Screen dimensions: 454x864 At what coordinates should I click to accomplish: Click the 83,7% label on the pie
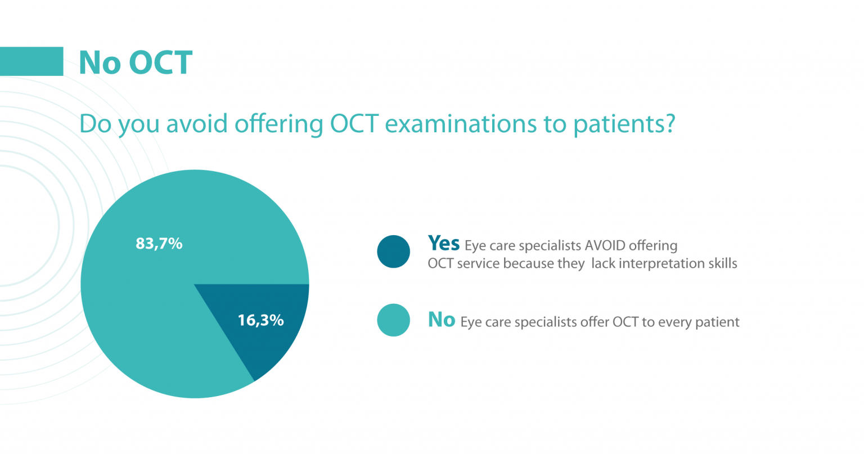[159, 244]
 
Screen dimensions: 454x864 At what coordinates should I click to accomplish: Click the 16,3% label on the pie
[260, 320]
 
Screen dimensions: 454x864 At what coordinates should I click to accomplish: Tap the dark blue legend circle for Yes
[393, 251]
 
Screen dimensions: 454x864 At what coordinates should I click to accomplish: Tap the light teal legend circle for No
[393, 320]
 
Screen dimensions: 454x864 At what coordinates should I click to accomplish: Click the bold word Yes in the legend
[443, 244]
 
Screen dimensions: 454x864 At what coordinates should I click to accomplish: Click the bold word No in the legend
[441, 320]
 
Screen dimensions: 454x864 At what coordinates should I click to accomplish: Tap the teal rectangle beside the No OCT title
[31, 61]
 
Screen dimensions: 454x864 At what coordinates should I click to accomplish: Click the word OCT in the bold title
[160, 62]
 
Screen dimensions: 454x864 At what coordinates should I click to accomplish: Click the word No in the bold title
[100, 62]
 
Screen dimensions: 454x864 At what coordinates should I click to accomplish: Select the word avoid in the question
[197, 124]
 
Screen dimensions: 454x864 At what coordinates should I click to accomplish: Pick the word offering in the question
[278, 124]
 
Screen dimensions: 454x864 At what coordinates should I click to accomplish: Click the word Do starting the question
[95, 124]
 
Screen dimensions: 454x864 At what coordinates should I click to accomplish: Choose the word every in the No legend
[674, 322]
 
